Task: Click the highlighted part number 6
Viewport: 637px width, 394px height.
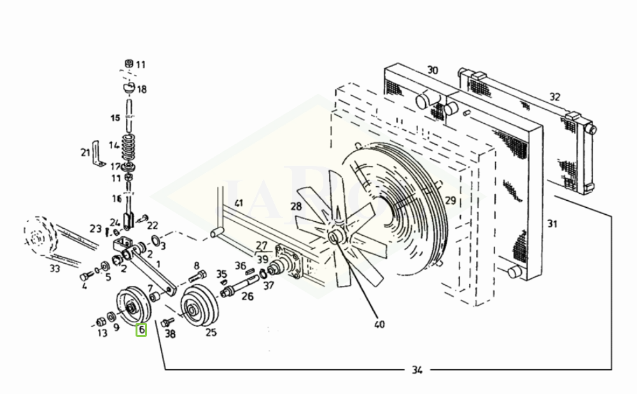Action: (x=141, y=330)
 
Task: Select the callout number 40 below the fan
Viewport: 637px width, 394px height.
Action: (x=379, y=325)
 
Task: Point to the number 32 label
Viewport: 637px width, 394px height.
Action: (x=555, y=97)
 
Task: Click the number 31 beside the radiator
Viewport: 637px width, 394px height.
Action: (x=552, y=223)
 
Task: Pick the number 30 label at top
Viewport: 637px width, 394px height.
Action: (x=433, y=70)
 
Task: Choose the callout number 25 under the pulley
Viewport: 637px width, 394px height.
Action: (x=211, y=332)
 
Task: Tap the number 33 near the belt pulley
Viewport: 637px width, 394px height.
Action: (x=55, y=269)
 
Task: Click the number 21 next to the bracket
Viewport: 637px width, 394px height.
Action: (x=85, y=152)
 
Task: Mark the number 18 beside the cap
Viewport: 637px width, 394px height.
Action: (x=141, y=90)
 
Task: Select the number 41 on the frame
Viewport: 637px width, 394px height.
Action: (x=239, y=203)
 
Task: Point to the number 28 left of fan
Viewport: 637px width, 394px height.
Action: (x=296, y=206)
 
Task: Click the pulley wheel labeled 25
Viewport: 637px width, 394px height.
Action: (x=198, y=308)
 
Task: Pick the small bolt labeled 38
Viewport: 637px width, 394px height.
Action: (x=168, y=322)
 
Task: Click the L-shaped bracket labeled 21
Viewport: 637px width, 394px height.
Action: (x=97, y=155)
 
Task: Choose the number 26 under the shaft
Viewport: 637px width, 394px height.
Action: (x=247, y=296)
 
